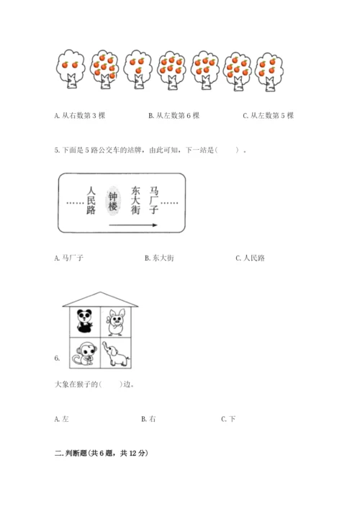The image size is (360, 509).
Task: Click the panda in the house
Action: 84,321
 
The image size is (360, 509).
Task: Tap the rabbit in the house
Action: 116,322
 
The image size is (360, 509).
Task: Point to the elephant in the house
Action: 116,353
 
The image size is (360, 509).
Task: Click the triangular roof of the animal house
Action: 100,299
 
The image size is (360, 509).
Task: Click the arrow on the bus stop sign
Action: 133,225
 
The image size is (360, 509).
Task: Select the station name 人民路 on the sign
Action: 91,200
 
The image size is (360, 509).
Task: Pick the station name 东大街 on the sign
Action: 135,200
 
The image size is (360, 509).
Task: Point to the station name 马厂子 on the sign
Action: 153,200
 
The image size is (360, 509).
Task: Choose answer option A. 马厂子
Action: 69,258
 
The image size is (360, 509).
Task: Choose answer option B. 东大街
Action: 159,258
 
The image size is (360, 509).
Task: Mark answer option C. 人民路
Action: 251,258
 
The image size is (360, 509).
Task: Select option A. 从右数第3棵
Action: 80,116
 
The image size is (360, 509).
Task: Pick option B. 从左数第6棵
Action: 174,116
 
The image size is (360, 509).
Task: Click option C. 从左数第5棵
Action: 269,116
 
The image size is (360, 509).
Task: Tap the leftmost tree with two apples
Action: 71,69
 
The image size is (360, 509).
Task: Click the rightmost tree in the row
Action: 269,72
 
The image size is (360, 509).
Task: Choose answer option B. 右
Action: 148,419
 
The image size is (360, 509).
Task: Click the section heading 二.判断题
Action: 102,453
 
